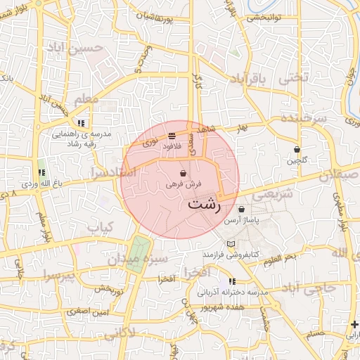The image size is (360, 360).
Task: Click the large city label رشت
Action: pyautogui.click(x=204, y=206)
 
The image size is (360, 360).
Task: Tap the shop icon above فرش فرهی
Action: pyautogui.click(x=184, y=173)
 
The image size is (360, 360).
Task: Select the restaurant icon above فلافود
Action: pyautogui.click(x=172, y=136)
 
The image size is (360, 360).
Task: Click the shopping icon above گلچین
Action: pyautogui.click(x=297, y=149)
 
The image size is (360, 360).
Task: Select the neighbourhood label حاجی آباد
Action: pyautogui.click(x=313, y=287)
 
